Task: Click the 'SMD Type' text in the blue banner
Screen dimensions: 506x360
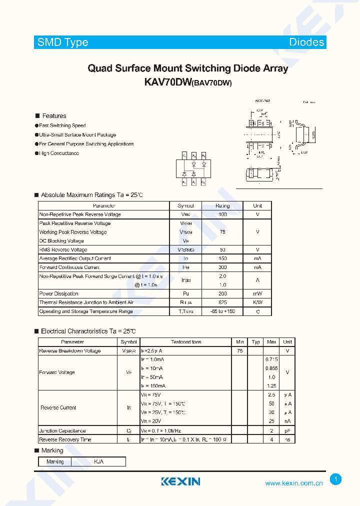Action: click(x=63, y=42)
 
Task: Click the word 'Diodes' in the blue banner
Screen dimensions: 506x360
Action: click(x=306, y=42)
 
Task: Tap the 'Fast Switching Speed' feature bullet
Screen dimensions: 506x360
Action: click(x=62, y=125)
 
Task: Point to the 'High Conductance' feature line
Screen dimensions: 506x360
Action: click(x=59, y=153)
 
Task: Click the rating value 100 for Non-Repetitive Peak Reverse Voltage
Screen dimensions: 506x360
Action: click(x=222, y=214)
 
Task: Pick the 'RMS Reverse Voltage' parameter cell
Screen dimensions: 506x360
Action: click(x=63, y=249)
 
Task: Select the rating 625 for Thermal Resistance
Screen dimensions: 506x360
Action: click(x=222, y=302)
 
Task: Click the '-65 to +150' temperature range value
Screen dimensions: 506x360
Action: click(x=222, y=311)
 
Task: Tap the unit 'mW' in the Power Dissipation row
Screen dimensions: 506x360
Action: click(x=257, y=294)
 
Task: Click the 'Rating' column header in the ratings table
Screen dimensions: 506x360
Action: click(x=222, y=205)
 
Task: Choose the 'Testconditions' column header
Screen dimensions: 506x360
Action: click(x=186, y=342)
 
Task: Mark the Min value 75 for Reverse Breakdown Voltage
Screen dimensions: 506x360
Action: click(x=239, y=351)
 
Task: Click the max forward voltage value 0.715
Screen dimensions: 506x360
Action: click(x=271, y=359)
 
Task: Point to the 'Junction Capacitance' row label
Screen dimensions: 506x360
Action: click(x=62, y=430)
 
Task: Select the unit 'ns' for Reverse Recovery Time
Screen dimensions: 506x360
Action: click(x=287, y=439)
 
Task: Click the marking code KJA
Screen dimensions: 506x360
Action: click(x=98, y=461)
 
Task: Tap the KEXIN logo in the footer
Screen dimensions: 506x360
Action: click(x=180, y=481)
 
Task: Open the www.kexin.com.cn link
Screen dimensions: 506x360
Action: click(x=293, y=483)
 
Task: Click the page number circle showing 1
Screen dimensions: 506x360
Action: click(x=336, y=479)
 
